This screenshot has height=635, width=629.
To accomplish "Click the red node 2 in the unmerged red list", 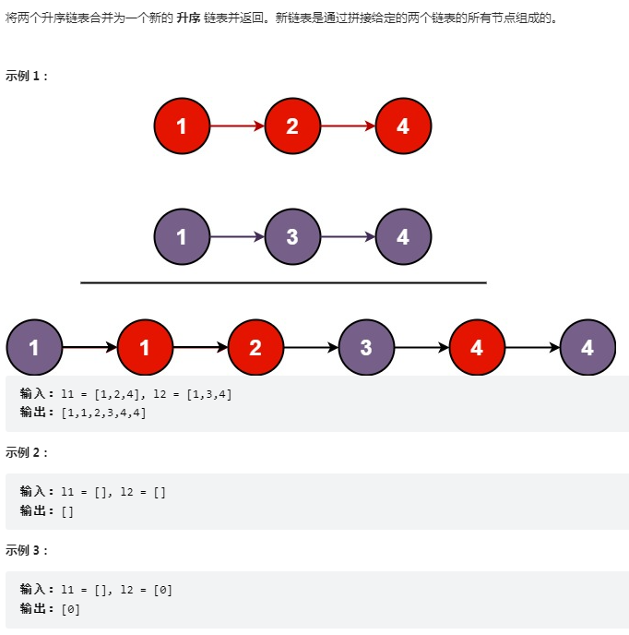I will pyautogui.click(x=292, y=126).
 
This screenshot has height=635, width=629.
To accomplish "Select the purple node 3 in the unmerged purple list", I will pyautogui.click(x=292, y=237).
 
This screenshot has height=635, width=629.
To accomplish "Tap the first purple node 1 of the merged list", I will pyautogui.click(x=34, y=348).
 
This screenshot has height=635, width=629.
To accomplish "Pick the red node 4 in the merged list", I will pyautogui.click(x=477, y=348).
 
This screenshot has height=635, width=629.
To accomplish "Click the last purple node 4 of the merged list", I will pyautogui.click(x=587, y=348).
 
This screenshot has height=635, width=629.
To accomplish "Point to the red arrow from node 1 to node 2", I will pyautogui.click(x=237, y=126).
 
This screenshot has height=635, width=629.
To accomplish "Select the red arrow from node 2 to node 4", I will pyautogui.click(x=348, y=126).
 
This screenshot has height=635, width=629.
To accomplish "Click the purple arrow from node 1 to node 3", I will pyautogui.click(x=237, y=237).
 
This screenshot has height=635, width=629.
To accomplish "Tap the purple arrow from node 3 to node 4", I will pyautogui.click(x=348, y=237).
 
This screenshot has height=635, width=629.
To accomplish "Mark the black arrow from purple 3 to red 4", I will pyautogui.click(x=421, y=348).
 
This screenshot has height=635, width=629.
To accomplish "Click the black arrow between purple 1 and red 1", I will pyautogui.click(x=89, y=348).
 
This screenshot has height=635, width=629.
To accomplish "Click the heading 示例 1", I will pyautogui.click(x=27, y=76).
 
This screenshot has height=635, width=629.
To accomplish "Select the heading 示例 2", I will pyautogui.click(x=27, y=452).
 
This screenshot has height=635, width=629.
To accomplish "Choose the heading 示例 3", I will pyautogui.click(x=27, y=550).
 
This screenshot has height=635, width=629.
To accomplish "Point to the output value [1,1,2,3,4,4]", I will pyautogui.click(x=103, y=412).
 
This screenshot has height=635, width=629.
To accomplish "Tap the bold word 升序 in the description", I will pyautogui.click(x=188, y=18).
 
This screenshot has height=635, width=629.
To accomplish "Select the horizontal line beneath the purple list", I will pyautogui.click(x=283, y=282).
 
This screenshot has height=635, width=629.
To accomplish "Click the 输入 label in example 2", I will pyautogui.click(x=37, y=492).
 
